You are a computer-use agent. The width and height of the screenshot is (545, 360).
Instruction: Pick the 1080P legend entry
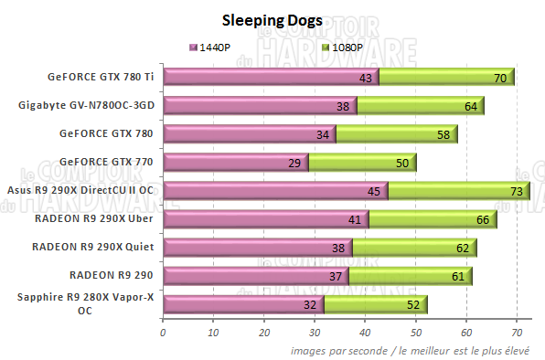click(x=343, y=47)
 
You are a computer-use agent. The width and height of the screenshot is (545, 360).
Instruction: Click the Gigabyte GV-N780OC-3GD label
click(x=88, y=106)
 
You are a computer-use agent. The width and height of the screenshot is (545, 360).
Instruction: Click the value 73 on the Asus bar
click(x=516, y=192)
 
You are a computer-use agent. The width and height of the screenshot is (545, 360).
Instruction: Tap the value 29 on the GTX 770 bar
click(x=293, y=164)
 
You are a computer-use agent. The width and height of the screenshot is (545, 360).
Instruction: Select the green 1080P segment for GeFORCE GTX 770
click(x=361, y=163)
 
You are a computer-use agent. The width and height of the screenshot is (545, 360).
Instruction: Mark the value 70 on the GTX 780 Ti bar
click(x=500, y=79)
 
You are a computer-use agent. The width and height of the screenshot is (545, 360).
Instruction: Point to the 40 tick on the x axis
click(x=365, y=333)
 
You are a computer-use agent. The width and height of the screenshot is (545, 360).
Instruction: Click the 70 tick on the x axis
click(x=517, y=333)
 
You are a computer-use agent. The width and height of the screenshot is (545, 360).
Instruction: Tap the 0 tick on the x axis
click(x=163, y=333)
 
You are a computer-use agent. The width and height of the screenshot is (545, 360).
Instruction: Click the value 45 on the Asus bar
click(x=373, y=192)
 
